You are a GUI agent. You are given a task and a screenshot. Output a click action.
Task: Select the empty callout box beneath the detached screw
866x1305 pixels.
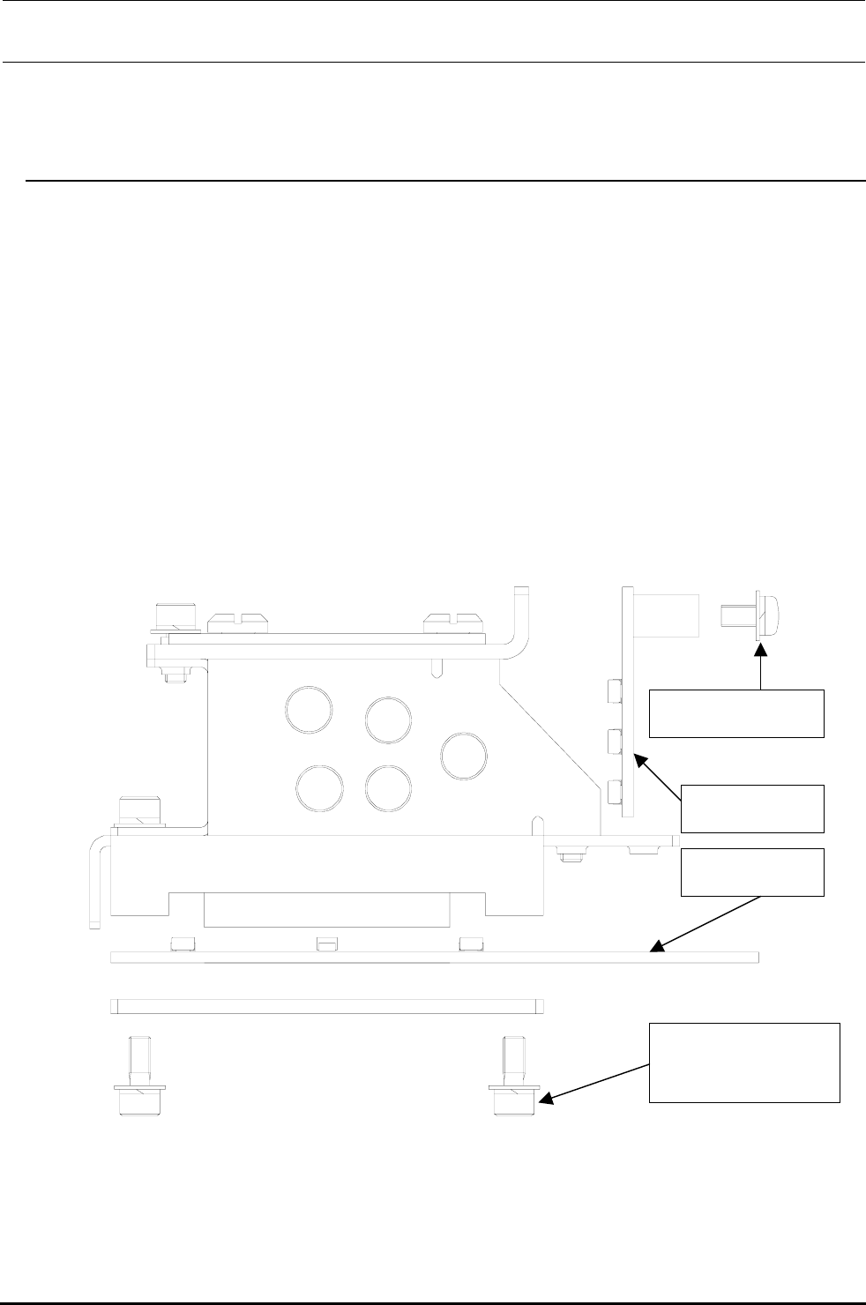pos(736,713)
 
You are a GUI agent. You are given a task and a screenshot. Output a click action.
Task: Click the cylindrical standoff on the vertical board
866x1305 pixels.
pos(668,615)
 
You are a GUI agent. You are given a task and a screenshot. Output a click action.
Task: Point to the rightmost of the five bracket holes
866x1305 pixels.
pos(463,756)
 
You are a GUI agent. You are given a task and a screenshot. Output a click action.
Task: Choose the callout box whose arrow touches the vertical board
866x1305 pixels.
pos(752,808)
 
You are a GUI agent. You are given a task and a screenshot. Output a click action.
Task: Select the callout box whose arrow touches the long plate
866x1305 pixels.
pos(752,872)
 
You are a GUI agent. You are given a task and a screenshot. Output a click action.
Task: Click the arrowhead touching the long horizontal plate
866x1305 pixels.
pos(654,949)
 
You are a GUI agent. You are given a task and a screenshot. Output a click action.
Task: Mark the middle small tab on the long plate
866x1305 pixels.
pos(325,944)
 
